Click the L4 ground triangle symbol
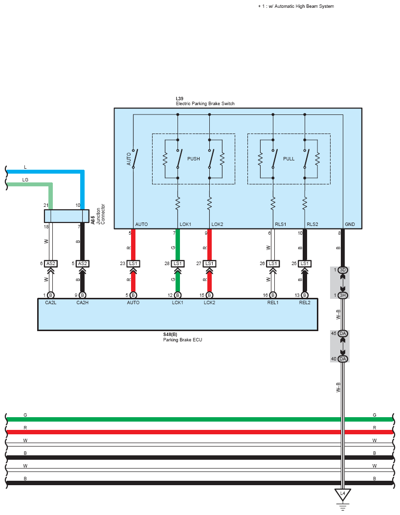pyautogui.click(x=342, y=494)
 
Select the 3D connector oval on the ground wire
pyautogui.click(x=342, y=270)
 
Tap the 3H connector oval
pyautogui.click(x=342, y=295)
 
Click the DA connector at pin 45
pyautogui.click(x=342, y=334)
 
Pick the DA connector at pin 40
pyautogui.click(x=342, y=358)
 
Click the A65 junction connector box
pyautogui.click(x=67, y=216)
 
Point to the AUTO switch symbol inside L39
pyautogui.click(x=135, y=158)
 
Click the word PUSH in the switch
pyautogui.click(x=194, y=158)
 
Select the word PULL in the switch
pyautogui.click(x=289, y=158)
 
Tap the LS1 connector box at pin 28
pyautogui.click(x=178, y=264)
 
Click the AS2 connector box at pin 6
pyautogui.click(x=50, y=264)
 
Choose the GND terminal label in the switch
pyautogui.click(x=350, y=224)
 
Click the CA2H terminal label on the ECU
pyautogui.click(x=83, y=303)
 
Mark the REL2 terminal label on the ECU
pyautogui.click(x=305, y=303)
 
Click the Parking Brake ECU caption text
pyautogui.click(x=182, y=339)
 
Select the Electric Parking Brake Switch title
pyautogui.click(x=205, y=104)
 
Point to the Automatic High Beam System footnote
pyautogui.click(x=296, y=6)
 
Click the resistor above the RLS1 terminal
pyautogui.click(x=273, y=203)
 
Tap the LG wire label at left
pyautogui.click(x=25, y=179)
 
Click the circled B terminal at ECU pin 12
pyautogui.click(x=178, y=295)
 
